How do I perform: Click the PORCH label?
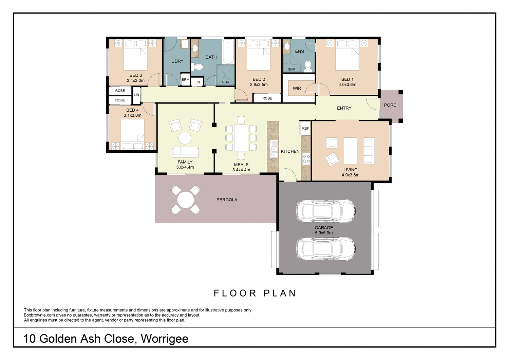click(x=392, y=105)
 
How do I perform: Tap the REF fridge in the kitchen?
click(x=305, y=128)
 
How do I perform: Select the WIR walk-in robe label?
click(x=297, y=88)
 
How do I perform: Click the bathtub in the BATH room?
click(x=228, y=52)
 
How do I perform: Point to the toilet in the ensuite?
click(x=308, y=66)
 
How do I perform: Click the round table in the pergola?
click(x=186, y=200)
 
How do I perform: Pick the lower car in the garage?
click(x=326, y=248)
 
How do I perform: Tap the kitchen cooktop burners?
click(x=306, y=159)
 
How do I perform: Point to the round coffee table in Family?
click(x=185, y=138)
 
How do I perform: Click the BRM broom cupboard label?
click(x=185, y=80)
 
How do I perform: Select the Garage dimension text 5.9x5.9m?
click(x=324, y=233)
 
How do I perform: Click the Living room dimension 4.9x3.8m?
click(x=350, y=175)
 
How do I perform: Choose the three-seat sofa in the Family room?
click(x=185, y=151)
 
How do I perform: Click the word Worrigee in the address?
click(x=165, y=339)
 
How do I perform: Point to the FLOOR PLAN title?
click(x=255, y=293)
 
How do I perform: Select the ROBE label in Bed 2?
click(x=267, y=98)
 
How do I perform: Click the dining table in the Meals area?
click(x=241, y=138)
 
